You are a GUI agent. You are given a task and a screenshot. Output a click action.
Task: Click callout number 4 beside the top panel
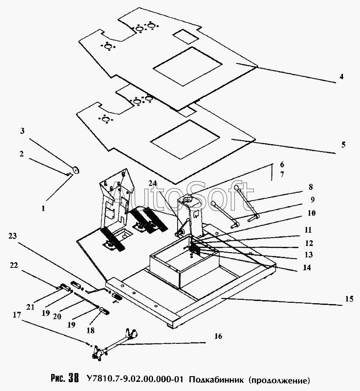(x=341, y=76)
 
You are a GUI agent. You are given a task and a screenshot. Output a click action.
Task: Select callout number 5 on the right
(x=343, y=145)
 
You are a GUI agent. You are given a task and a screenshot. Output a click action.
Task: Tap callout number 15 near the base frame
(x=350, y=299)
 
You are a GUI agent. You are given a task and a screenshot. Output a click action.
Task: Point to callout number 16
(x=218, y=336)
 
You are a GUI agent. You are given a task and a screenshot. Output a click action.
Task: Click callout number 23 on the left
(x=12, y=235)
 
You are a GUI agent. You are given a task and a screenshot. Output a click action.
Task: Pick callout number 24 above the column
(x=153, y=183)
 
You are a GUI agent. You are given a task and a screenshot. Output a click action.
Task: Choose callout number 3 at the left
(x=22, y=131)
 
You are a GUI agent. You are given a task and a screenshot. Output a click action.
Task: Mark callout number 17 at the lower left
(x=17, y=315)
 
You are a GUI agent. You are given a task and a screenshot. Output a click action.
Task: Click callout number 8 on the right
(x=311, y=187)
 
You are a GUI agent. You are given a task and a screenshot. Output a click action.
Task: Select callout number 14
(x=307, y=267)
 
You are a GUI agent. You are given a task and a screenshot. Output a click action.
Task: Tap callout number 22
(x=14, y=265)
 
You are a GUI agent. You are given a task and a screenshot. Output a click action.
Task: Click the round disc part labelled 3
(x=75, y=170)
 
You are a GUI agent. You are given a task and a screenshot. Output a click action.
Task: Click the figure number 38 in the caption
(x=73, y=378)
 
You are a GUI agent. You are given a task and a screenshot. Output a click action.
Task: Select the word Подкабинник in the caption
(x=216, y=380)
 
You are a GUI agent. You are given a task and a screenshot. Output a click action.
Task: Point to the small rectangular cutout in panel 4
(x=186, y=37)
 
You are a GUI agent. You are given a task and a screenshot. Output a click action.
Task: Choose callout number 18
(x=91, y=330)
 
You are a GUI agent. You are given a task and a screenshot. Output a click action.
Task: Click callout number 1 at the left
(x=43, y=208)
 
